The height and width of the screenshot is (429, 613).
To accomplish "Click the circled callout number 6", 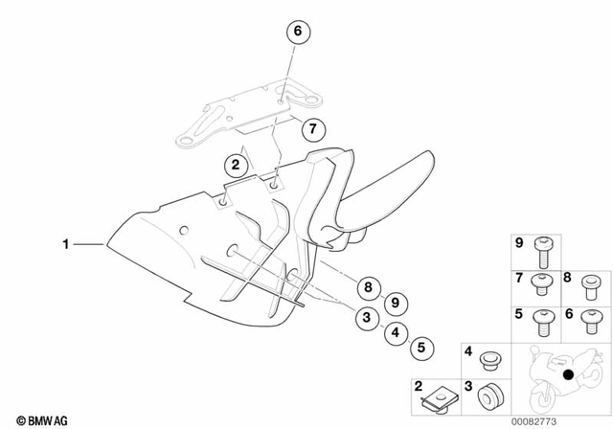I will point(297,33).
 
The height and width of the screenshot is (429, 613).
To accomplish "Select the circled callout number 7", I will point(310,128).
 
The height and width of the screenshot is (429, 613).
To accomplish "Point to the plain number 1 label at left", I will point(66,245).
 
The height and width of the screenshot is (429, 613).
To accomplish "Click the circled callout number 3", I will point(365,319).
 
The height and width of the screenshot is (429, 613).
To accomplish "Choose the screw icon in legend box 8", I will point(590,284).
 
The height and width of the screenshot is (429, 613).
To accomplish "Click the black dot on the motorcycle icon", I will point(569,374).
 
